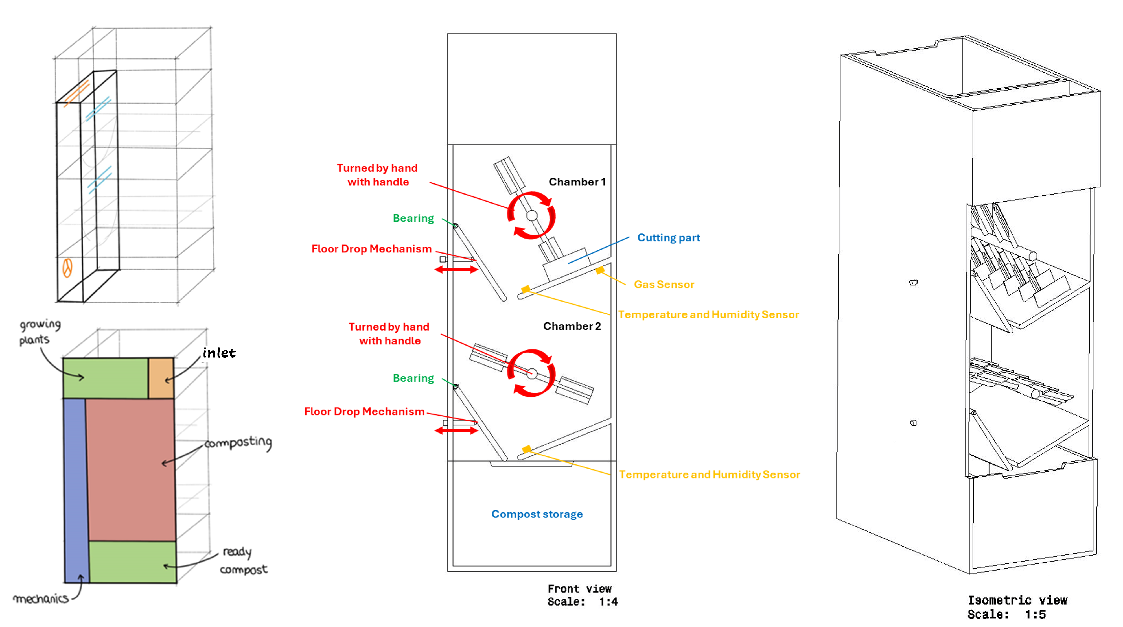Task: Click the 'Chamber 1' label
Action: [x=577, y=182]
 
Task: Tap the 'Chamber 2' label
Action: [x=572, y=326]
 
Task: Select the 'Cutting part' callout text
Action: [x=668, y=238]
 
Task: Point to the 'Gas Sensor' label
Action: [x=664, y=284]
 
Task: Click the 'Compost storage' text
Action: [x=537, y=514]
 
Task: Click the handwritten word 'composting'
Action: [x=238, y=443]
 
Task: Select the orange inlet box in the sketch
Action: [x=161, y=378]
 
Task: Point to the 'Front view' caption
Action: [x=579, y=589]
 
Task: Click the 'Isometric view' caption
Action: [x=1017, y=600]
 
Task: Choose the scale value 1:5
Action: [x=1035, y=615]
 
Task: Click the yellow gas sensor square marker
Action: [x=600, y=270]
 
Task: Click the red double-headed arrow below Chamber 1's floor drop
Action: [x=456, y=270]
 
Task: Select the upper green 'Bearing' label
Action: [x=413, y=218]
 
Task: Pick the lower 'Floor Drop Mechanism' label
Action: [x=364, y=412]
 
